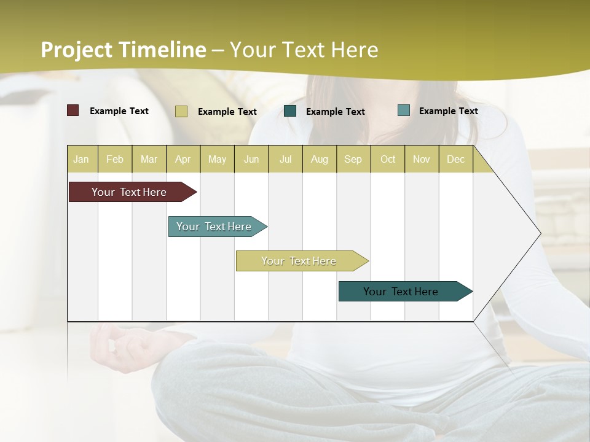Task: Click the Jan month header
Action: coord(81,159)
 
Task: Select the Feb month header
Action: coord(115,159)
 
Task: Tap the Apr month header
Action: coord(183,159)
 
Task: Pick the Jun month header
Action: coord(251,159)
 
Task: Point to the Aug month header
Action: coord(319,159)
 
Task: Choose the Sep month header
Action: coord(353,159)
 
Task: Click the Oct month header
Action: coord(388,159)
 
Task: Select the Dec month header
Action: coord(455,159)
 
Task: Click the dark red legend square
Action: coord(73,110)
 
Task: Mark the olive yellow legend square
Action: coord(181,111)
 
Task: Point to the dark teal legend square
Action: coord(290,111)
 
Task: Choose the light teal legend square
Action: coord(404,110)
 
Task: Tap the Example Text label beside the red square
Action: coord(119,111)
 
